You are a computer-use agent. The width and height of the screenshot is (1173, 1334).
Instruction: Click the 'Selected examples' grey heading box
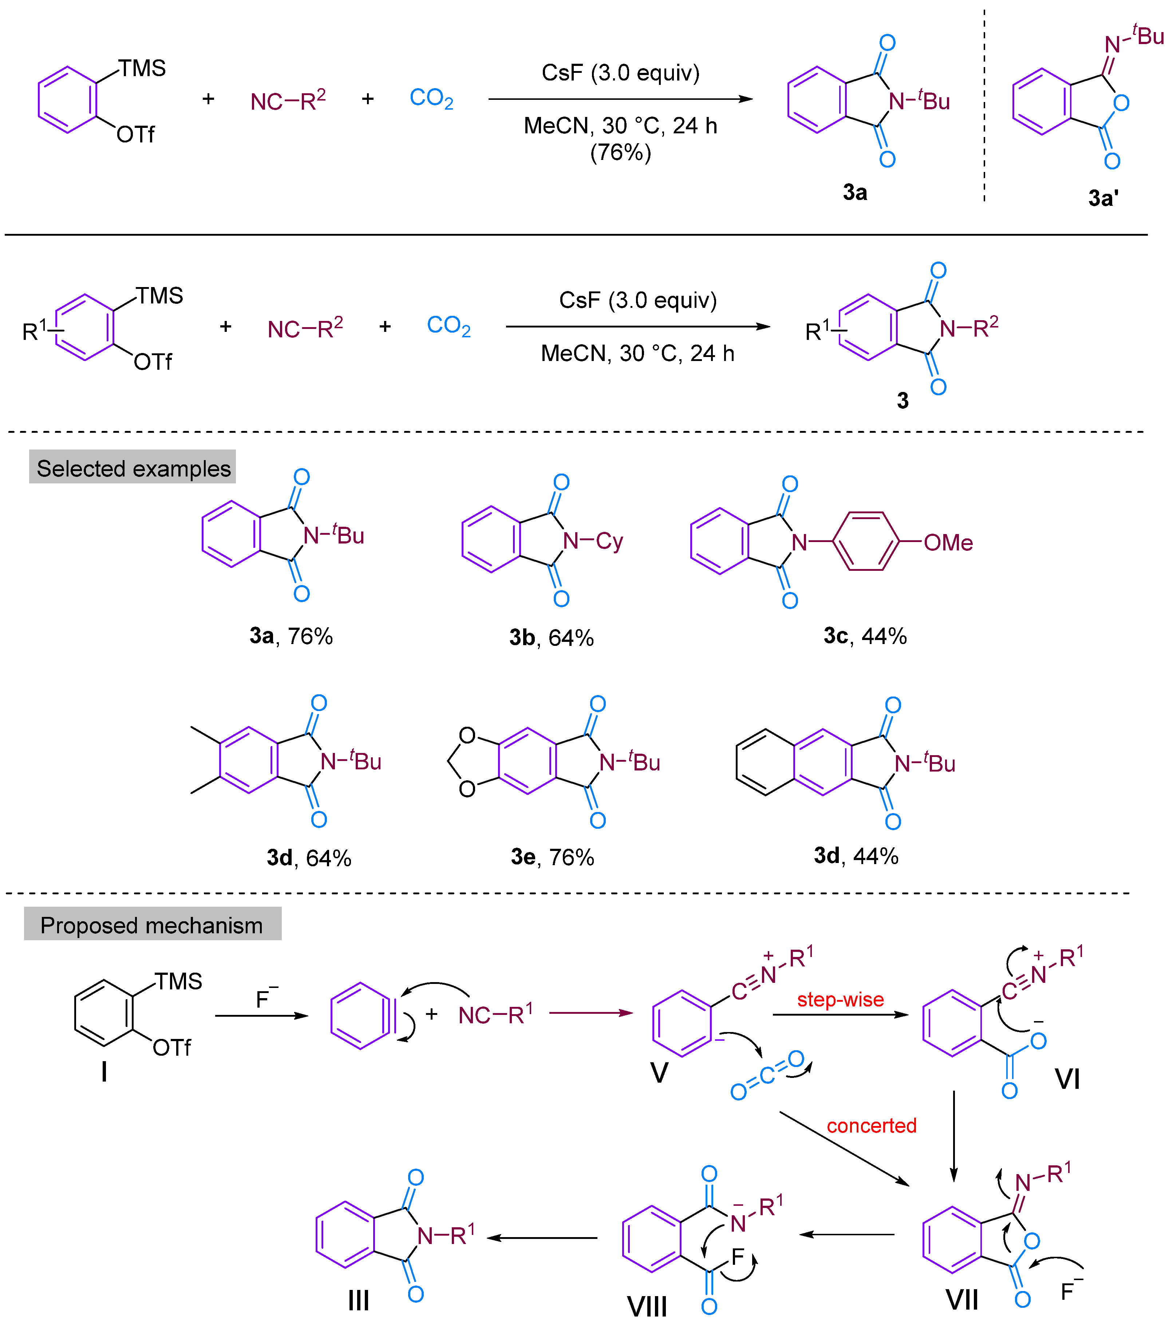click(133, 467)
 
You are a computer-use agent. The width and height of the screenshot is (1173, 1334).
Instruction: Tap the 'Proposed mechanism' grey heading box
click(152, 924)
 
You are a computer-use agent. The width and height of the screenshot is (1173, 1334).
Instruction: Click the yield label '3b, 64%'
click(551, 637)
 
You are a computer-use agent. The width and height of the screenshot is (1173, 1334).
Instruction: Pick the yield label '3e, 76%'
click(552, 857)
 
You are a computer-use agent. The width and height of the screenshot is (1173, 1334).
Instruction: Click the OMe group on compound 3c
click(948, 542)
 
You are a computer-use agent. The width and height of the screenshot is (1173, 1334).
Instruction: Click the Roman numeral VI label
click(1067, 1079)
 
